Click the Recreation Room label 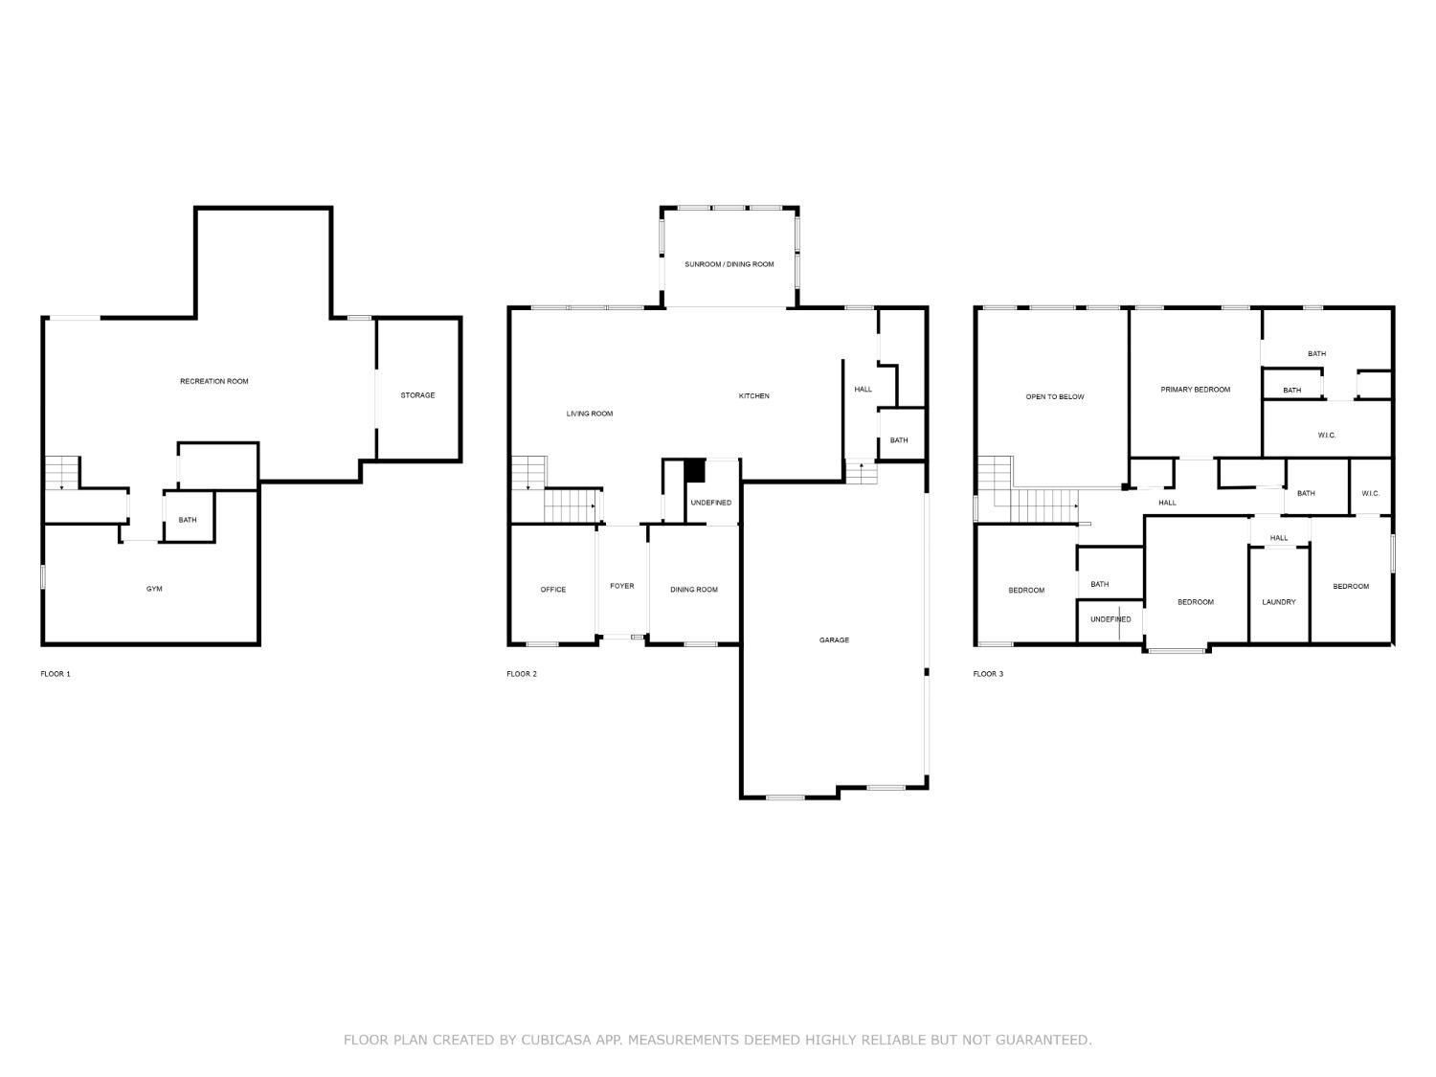[x=213, y=381]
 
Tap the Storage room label [x=417, y=395]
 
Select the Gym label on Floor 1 [x=154, y=589]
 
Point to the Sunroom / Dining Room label [x=729, y=264]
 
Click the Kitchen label [x=753, y=395]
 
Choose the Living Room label [x=590, y=414]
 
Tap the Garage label [x=834, y=639]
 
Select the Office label [x=552, y=589]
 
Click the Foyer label [x=621, y=586]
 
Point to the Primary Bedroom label [x=1196, y=389]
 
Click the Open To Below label [x=1055, y=396]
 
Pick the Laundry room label [x=1278, y=601]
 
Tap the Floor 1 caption [x=55, y=674]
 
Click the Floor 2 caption [x=522, y=674]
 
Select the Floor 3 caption [x=988, y=674]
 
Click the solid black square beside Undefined [x=695, y=471]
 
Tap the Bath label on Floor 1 [x=188, y=520]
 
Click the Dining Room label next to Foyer [x=693, y=589]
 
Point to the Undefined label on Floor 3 [x=1111, y=618]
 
